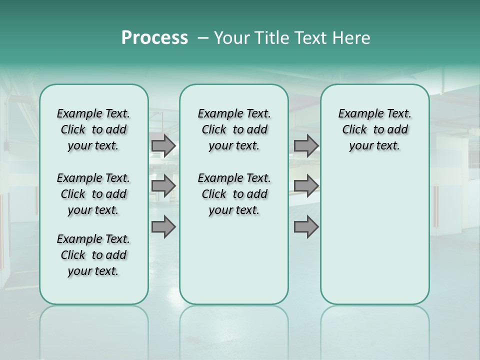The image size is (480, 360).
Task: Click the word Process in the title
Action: point(154,37)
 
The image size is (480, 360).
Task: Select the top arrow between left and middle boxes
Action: point(163,145)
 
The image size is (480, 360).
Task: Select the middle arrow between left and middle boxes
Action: point(163,186)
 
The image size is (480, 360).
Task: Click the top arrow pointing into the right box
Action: point(306,145)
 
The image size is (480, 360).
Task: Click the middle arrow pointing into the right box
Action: point(306,186)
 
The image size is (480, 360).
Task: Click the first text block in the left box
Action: point(93,129)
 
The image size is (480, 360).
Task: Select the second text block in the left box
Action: point(93,194)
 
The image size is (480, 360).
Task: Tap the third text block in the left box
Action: point(93,255)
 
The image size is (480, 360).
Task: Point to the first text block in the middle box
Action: point(234,129)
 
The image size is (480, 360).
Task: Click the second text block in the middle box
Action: point(234,194)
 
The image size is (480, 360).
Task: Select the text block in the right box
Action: point(375,129)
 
